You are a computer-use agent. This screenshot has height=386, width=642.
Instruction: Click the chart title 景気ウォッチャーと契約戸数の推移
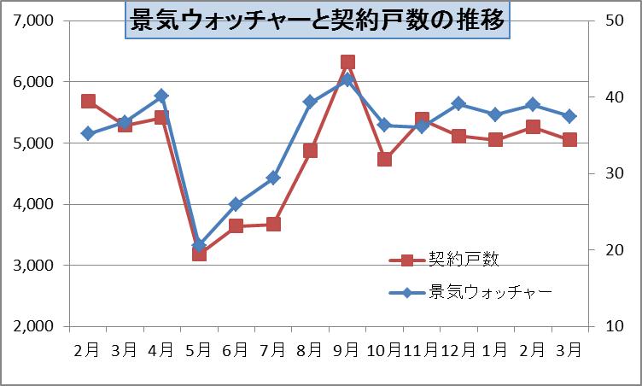[x=316, y=18]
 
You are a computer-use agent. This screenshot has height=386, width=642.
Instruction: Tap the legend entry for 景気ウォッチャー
[x=490, y=292]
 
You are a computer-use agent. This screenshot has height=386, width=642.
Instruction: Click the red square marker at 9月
[x=347, y=62]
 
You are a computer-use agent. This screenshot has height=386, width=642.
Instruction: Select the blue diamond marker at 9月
[x=347, y=80]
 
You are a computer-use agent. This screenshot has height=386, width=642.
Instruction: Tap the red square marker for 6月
[x=236, y=226]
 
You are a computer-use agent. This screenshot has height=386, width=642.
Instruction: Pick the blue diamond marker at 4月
[x=161, y=96]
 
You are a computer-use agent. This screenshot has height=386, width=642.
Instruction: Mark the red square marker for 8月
[x=311, y=151]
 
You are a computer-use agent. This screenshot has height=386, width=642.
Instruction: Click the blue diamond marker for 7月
[x=273, y=178]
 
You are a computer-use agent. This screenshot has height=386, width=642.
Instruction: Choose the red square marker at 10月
[x=385, y=159]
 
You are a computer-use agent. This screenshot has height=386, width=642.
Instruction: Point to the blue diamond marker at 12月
[x=459, y=104]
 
